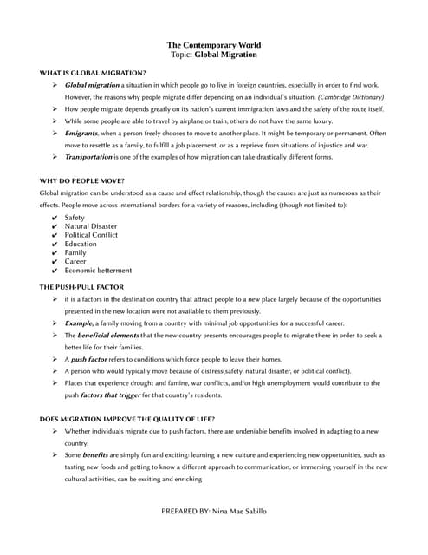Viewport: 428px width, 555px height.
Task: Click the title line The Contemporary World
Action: (213, 44)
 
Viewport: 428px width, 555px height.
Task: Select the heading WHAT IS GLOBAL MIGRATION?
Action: (93, 73)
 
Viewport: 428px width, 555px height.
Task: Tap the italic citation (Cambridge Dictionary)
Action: (350, 98)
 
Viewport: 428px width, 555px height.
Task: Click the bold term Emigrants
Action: (82, 134)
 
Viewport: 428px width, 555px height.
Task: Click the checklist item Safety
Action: (75, 218)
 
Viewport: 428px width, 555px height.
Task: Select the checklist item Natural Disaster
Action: (92, 226)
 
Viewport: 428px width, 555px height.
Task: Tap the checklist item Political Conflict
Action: (91, 235)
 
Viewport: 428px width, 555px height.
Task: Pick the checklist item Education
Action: (81, 244)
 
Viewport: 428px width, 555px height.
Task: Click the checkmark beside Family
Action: (55, 253)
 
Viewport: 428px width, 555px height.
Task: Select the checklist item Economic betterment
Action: (98, 271)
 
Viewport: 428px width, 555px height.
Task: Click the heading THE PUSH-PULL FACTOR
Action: (81, 286)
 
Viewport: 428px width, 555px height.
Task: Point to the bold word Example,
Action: (80, 323)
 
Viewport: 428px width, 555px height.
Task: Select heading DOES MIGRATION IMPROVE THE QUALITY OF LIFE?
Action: (126, 419)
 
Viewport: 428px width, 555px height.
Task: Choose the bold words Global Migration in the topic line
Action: (225, 55)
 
